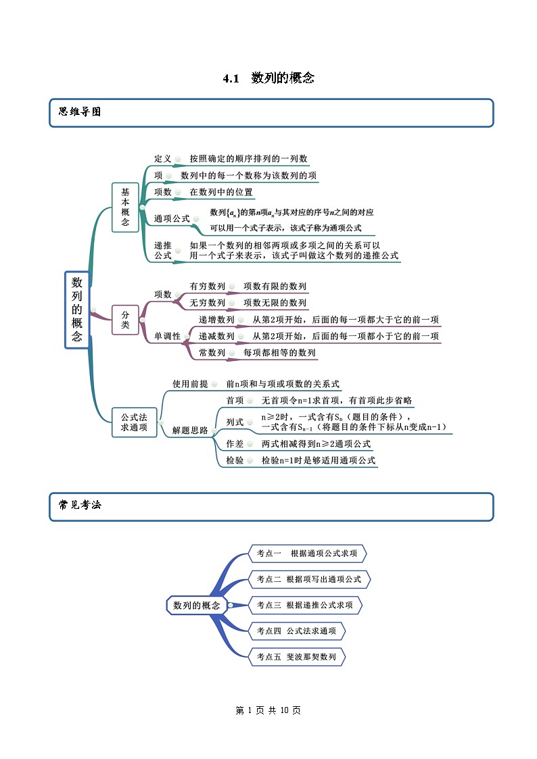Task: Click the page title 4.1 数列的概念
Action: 268,78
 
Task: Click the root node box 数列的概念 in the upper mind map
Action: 77,310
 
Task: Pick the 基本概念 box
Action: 125,207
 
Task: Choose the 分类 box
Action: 125,319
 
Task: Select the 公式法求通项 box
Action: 134,422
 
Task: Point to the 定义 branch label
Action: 163,159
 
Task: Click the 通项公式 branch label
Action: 172,218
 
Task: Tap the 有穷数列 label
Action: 207,287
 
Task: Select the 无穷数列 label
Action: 207,303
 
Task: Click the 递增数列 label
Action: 216,320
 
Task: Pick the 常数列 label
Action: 212,353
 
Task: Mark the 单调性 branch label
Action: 167,336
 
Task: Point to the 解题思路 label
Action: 190,430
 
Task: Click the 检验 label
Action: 235,460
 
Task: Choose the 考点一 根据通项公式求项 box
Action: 308,554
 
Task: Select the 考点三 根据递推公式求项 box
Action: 305,605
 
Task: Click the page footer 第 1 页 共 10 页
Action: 268,710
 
